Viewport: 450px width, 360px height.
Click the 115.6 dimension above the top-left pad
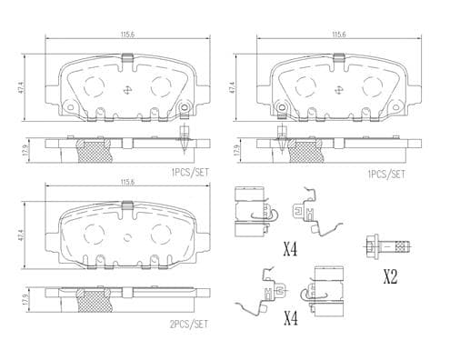point(127,34)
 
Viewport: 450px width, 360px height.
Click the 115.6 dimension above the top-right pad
point(339,34)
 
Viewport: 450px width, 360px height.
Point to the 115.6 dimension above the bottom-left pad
point(127,182)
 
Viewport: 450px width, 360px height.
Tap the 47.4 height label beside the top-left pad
point(21,88)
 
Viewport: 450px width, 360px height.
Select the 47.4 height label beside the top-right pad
point(233,88)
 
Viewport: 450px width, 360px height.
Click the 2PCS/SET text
point(188,325)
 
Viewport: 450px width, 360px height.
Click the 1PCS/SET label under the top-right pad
point(385,174)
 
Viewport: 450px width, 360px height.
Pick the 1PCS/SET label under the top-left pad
point(190,173)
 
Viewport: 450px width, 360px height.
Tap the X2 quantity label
point(390,277)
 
